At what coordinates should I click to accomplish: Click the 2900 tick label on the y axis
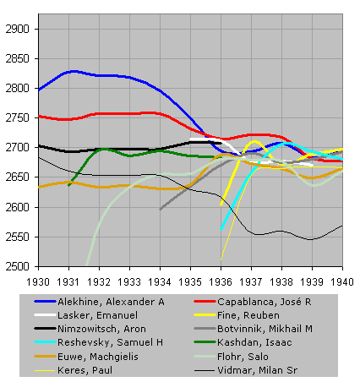pos(17,29)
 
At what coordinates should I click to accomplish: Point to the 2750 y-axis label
pos(17,117)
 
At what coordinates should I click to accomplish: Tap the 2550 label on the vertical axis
pos(17,237)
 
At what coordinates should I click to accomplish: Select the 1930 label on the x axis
pos(38,281)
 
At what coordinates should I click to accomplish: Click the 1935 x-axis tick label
pos(190,281)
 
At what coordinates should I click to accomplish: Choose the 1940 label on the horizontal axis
pos(342,281)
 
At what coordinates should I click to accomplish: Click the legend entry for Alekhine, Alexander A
pos(111,302)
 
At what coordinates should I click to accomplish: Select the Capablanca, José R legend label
pos(265,302)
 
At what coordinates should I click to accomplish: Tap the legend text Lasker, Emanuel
pos(98,315)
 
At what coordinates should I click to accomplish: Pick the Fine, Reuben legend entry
pos(248,315)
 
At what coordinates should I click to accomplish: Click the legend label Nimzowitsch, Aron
pos(101,329)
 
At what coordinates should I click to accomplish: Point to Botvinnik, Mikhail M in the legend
pos(265,329)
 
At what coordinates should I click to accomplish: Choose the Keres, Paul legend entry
pos(85,370)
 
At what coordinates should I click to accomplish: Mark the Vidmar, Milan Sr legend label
pos(257,370)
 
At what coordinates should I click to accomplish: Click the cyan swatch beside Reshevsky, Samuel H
pos(45,342)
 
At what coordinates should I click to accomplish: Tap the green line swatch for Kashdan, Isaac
pos(205,342)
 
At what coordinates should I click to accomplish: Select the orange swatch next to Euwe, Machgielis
pos(45,357)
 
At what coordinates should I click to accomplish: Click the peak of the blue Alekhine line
pos(74,72)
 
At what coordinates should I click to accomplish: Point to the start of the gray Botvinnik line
pos(160,210)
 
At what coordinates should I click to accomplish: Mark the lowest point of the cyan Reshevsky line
pos(221,229)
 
